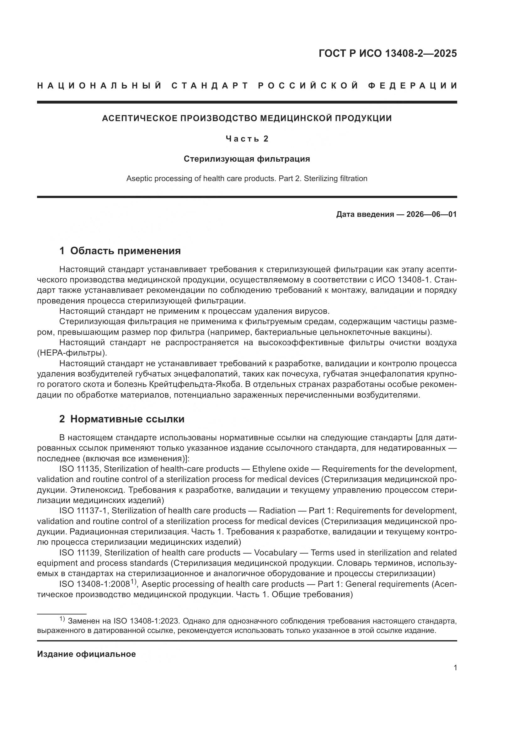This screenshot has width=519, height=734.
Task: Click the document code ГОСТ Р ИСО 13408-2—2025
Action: point(387,53)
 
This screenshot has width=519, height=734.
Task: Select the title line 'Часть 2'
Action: point(247,139)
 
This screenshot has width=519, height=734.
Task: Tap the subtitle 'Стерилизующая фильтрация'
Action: point(247,159)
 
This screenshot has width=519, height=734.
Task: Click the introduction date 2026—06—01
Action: point(431,214)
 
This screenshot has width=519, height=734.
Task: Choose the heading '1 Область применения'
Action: point(120,251)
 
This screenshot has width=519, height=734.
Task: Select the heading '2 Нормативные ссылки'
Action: point(122,419)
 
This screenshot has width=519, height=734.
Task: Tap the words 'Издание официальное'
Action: point(86,654)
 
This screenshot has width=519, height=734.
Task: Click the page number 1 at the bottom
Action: point(455,668)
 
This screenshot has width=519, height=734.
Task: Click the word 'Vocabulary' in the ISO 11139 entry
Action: point(276,553)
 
